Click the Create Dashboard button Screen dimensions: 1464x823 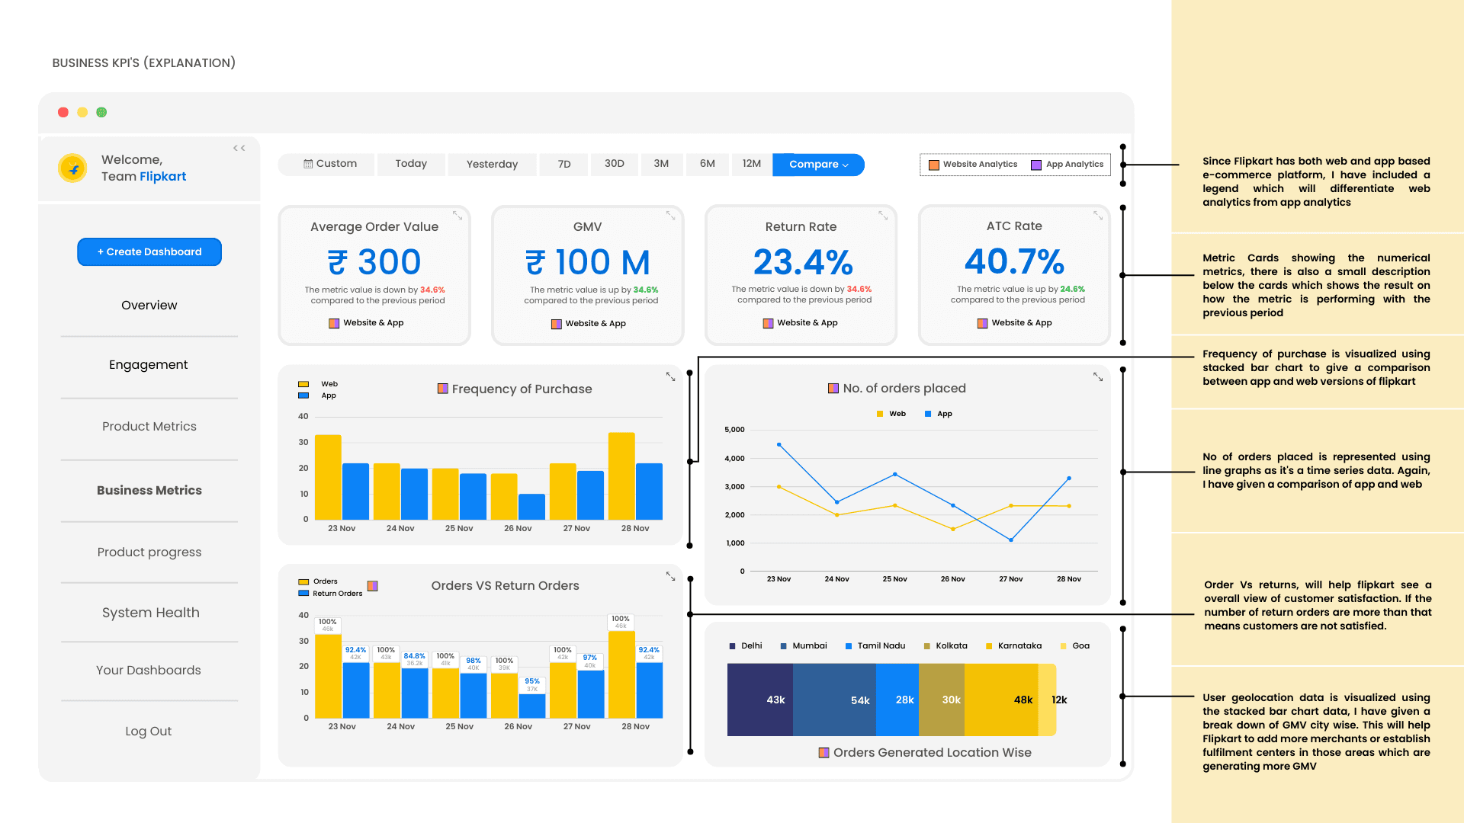(149, 252)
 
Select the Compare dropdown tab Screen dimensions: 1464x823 (818, 165)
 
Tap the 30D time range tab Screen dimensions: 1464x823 (615, 164)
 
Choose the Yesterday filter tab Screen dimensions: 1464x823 (492, 165)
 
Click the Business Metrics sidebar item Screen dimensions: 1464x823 (149, 491)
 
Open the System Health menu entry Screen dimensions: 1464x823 (151, 613)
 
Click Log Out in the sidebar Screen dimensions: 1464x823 (149, 732)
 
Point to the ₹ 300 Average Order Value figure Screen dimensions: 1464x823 (374, 263)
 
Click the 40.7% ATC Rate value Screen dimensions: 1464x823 (1014, 262)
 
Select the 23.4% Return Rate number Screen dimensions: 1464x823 (803, 263)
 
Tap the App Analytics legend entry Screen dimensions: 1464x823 (1067, 165)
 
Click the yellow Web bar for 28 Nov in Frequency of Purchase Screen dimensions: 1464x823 (621, 476)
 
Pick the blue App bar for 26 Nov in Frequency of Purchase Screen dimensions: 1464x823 (531, 507)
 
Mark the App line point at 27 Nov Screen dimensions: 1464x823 (1011, 540)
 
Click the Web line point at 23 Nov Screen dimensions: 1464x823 (779, 487)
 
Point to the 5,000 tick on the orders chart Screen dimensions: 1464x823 (734, 430)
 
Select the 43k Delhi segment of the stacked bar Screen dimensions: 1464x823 (760, 700)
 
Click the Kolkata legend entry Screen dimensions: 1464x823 (945, 646)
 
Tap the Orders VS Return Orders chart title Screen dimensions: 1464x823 (505, 586)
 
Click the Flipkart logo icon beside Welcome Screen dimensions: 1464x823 (73, 168)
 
